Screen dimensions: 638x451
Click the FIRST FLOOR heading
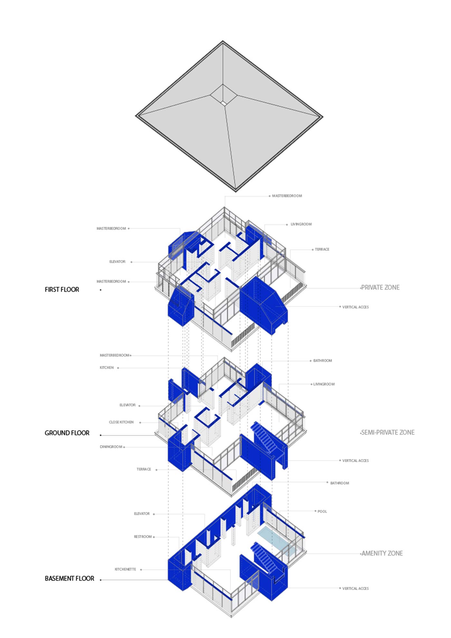[x=62, y=289]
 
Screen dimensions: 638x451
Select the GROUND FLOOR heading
[x=67, y=433]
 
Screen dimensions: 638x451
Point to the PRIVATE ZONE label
[x=380, y=287]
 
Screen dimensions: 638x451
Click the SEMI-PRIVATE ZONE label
[x=388, y=432]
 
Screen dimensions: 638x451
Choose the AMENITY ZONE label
[x=382, y=553]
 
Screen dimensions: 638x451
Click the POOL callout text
[x=322, y=511]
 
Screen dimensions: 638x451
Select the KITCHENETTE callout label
[x=125, y=569]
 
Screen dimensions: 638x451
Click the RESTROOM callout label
[x=143, y=536]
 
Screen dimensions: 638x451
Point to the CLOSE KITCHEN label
[x=121, y=422]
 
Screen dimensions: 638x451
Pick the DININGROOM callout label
[x=111, y=447]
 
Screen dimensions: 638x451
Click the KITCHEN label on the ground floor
[x=107, y=368]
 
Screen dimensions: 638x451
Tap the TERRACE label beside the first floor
[x=322, y=249]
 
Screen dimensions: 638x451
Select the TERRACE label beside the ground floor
[x=144, y=469]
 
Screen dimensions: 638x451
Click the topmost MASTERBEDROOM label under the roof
[x=287, y=196]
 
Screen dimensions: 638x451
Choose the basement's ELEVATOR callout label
[x=142, y=514]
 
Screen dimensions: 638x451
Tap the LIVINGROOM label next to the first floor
[x=301, y=224]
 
